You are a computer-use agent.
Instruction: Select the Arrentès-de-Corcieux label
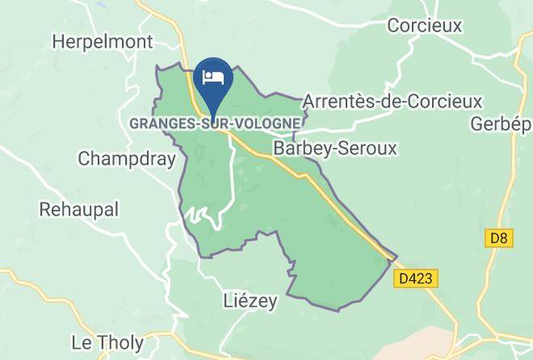click(x=392, y=102)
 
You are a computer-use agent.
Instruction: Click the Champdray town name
click(x=127, y=159)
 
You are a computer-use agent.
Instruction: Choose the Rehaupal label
click(x=79, y=209)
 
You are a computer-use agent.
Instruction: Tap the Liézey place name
click(x=250, y=302)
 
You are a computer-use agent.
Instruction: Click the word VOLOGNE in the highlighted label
click(x=271, y=123)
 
